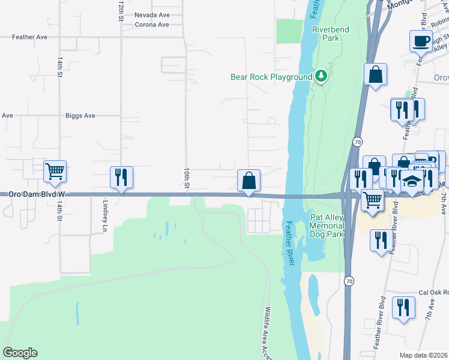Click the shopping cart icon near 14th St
(55, 172)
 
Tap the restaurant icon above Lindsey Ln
(121, 178)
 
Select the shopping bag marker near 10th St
(249, 181)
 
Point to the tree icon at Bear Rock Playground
(321, 76)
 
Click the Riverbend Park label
(326, 34)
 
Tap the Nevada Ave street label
(152, 15)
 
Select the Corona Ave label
(152, 25)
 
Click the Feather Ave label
(30, 37)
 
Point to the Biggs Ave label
(80, 116)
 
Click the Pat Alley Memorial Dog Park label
(327, 226)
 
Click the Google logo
(20, 353)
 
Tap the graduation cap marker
(411, 181)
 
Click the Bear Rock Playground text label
(271, 77)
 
